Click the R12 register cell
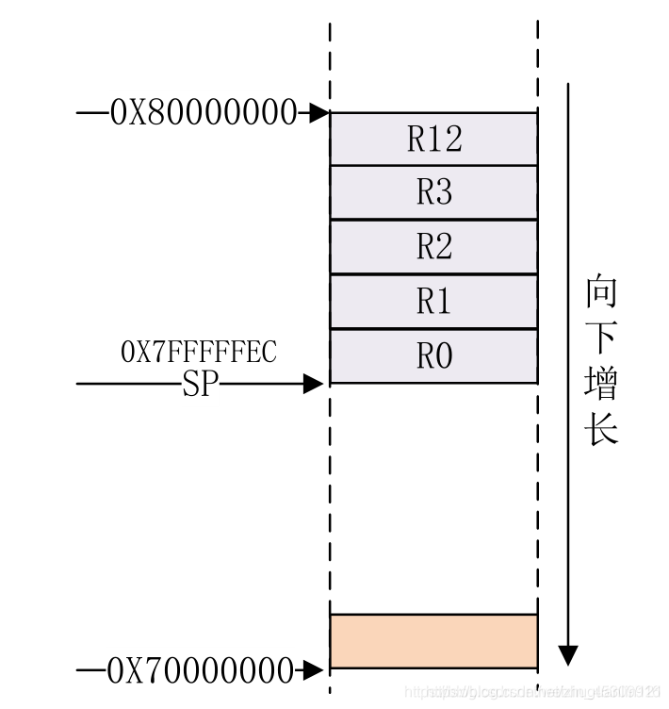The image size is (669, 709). click(433, 140)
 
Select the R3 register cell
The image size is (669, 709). click(433, 193)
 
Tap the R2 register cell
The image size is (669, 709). click(433, 247)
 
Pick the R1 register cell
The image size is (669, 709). click(433, 302)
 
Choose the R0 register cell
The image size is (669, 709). click(433, 356)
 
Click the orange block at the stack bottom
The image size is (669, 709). click(433, 641)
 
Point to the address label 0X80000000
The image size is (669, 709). click(204, 113)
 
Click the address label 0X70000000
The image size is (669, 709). click(201, 671)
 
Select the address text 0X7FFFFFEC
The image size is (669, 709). click(199, 352)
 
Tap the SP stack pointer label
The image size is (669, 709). click(199, 384)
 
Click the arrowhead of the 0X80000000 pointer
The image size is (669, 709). click(318, 113)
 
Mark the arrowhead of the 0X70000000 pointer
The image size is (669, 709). click(317, 671)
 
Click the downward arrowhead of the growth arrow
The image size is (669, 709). click(567, 654)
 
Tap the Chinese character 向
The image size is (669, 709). click(601, 293)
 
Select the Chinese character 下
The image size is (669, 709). click(601, 338)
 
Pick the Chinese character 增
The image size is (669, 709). click(601, 384)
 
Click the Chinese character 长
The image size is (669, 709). click(601, 429)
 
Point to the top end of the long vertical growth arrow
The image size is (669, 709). click(567, 85)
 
